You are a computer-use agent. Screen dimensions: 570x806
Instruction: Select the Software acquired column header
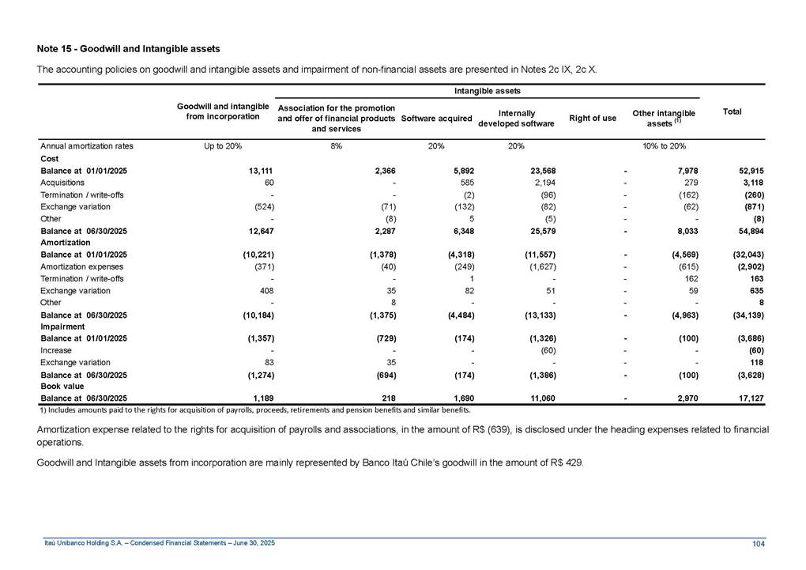click(x=436, y=119)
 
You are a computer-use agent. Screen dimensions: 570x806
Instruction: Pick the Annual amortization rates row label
click(x=86, y=146)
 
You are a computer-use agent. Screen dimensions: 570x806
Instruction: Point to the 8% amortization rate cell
click(x=336, y=146)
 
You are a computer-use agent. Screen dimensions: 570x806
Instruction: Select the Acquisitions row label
click(x=61, y=182)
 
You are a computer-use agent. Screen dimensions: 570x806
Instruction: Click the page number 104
click(x=758, y=542)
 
